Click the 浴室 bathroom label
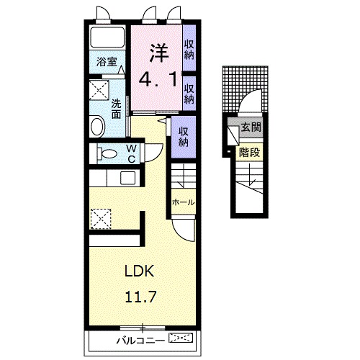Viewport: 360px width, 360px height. click(x=107, y=62)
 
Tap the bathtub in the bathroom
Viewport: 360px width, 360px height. click(x=107, y=37)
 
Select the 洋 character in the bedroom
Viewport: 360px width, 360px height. click(x=159, y=53)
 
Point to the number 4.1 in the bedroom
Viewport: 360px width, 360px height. click(x=158, y=79)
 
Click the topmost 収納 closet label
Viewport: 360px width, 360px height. click(x=189, y=50)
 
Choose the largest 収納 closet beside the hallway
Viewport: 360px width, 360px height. click(x=184, y=137)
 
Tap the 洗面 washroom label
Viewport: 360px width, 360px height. click(x=116, y=109)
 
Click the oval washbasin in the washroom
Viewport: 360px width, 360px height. click(x=98, y=126)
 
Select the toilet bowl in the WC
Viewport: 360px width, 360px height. click(x=107, y=153)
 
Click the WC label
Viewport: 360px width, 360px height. click(x=131, y=153)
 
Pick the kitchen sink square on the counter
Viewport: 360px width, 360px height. click(x=128, y=178)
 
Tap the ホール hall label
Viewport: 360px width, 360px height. click(x=184, y=202)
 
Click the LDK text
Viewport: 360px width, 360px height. click(x=140, y=271)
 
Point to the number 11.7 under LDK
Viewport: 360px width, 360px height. click(x=140, y=297)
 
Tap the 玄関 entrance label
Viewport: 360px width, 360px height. click(x=251, y=127)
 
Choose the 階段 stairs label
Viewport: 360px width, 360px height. click(x=250, y=152)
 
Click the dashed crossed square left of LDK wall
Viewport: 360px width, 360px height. click(x=101, y=219)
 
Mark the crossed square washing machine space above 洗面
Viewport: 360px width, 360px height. click(x=99, y=90)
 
